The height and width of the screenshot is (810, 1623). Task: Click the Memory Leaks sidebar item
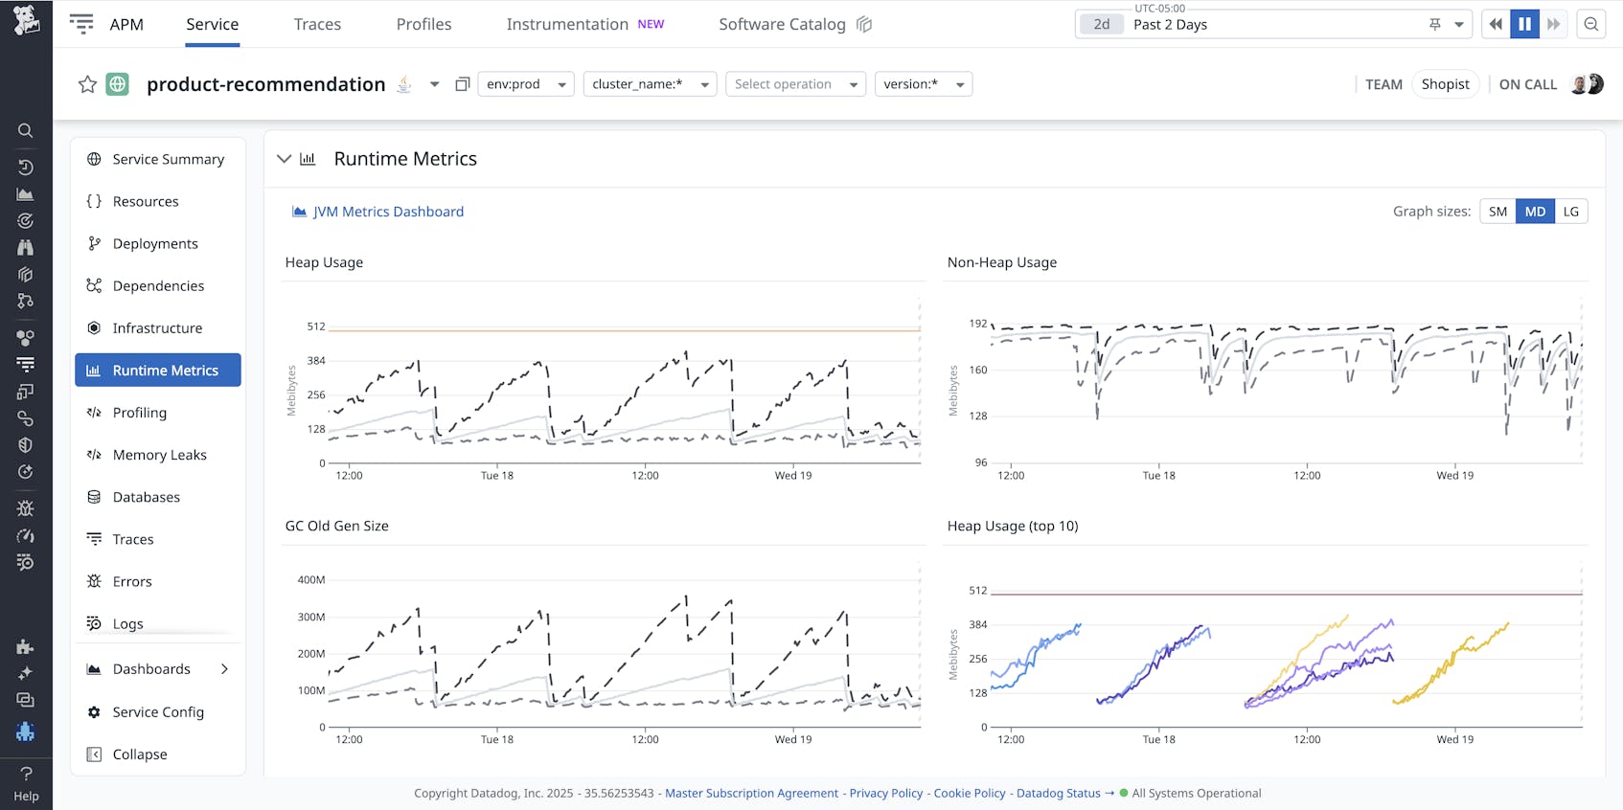click(x=159, y=455)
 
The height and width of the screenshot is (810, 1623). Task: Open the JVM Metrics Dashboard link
click(x=388, y=212)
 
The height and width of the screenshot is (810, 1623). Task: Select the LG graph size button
click(x=1570, y=212)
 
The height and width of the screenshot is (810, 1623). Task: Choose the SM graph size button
click(x=1497, y=212)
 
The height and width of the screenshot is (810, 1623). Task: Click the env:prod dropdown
click(x=525, y=84)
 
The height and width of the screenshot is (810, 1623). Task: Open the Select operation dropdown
click(x=795, y=84)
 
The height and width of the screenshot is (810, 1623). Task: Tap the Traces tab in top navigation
click(x=317, y=24)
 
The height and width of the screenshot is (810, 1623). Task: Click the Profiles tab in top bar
click(x=423, y=24)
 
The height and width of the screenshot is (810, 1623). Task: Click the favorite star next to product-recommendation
click(x=87, y=84)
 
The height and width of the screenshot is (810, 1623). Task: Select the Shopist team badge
click(x=1445, y=84)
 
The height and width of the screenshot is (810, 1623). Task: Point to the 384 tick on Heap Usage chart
click(x=316, y=361)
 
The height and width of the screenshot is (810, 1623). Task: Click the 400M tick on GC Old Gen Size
click(x=311, y=580)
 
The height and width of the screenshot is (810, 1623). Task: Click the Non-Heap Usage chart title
click(x=1001, y=262)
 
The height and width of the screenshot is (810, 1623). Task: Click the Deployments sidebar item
click(x=155, y=243)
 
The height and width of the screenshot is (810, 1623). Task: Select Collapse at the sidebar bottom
click(x=139, y=754)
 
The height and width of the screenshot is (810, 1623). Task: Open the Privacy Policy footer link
click(x=885, y=793)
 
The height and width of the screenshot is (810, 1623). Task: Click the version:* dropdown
click(x=923, y=84)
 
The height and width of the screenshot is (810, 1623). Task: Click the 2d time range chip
click(x=1102, y=25)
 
